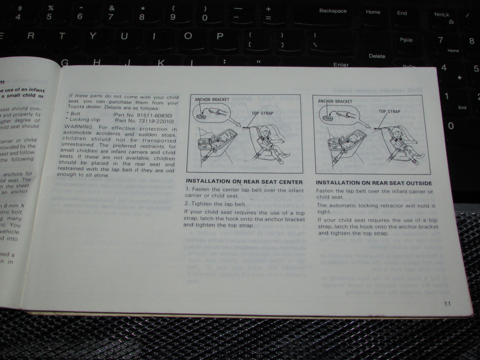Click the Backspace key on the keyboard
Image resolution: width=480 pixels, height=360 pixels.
(x=333, y=11)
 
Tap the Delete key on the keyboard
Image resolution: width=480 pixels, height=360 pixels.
(x=377, y=56)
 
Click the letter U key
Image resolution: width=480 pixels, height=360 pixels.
(x=124, y=37)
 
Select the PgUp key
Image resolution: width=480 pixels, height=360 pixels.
(x=406, y=40)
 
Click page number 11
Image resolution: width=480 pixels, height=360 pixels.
(x=447, y=303)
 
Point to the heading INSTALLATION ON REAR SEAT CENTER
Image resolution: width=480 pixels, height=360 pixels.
(x=244, y=182)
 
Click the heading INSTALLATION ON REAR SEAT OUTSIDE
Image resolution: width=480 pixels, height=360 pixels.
(x=374, y=183)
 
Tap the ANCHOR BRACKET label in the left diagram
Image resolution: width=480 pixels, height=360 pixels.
(x=212, y=100)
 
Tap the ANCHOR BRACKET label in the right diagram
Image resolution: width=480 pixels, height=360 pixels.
(x=335, y=101)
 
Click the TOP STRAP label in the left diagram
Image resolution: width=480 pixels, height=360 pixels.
(x=262, y=113)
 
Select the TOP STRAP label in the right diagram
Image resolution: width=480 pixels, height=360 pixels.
(x=389, y=112)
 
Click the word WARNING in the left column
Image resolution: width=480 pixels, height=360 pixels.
(x=78, y=127)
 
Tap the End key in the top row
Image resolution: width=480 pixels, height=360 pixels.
(x=402, y=13)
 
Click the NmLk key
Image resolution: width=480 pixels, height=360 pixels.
(x=441, y=15)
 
